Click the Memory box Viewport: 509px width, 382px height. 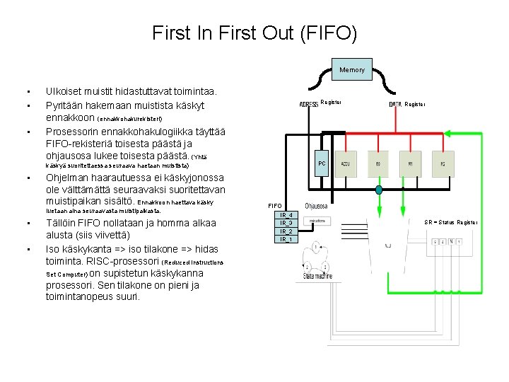pos(352,69)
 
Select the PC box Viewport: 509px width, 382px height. pos(322,163)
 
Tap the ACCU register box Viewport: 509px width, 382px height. pos(346,163)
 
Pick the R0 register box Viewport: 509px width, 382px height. pos(378,163)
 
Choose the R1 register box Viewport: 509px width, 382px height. pos(410,163)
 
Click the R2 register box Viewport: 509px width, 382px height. pos(443,163)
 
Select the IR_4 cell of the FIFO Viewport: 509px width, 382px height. pos(286,215)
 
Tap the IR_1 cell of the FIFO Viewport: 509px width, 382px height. pos(286,239)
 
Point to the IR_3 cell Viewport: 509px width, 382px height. pos(286,223)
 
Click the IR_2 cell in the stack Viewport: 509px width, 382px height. pos(286,231)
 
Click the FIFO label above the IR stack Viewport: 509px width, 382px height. pos(274,206)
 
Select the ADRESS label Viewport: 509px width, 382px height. pos(309,104)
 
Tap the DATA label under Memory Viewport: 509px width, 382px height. pos(395,104)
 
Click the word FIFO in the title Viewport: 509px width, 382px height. pos(332,33)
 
